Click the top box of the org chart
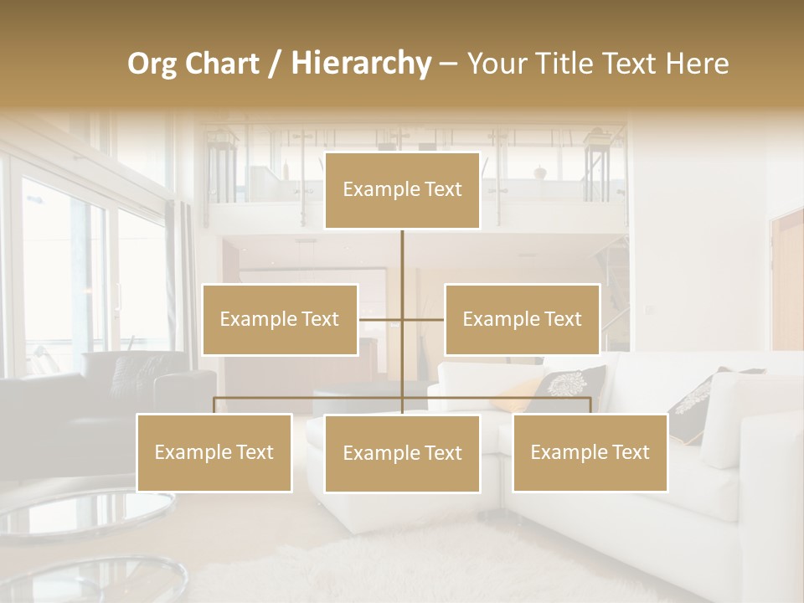[x=402, y=190]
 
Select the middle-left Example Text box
[x=280, y=319]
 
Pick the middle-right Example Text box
[x=522, y=319]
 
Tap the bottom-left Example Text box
[x=214, y=452]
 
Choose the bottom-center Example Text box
[x=402, y=453]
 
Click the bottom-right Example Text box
[x=590, y=452]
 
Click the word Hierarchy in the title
[x=360, y=64]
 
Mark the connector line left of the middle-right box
[x=424, y=319]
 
